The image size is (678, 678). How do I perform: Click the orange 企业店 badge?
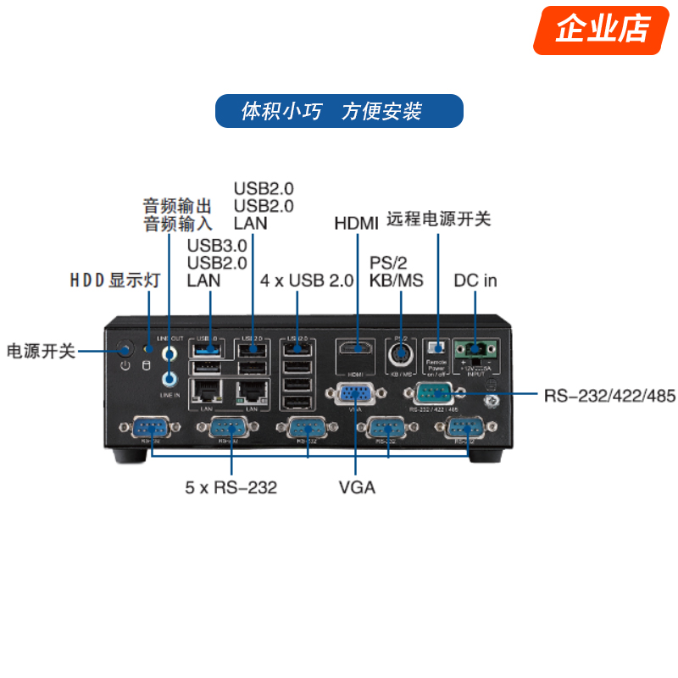(603, 29)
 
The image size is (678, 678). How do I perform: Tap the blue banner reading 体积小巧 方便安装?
(339, 111)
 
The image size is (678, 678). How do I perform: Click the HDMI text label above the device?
(356, 224)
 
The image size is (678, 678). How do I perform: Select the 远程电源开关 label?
(439, 219)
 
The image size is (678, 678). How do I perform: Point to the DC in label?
(475, 281)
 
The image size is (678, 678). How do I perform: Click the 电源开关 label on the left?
(42, 351)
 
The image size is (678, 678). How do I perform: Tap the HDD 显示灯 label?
(114, 281)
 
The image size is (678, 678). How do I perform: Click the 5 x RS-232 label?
(231, 487)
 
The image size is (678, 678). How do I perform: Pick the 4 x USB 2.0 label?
(307, 281)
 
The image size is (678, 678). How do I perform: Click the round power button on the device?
(125, 348)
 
